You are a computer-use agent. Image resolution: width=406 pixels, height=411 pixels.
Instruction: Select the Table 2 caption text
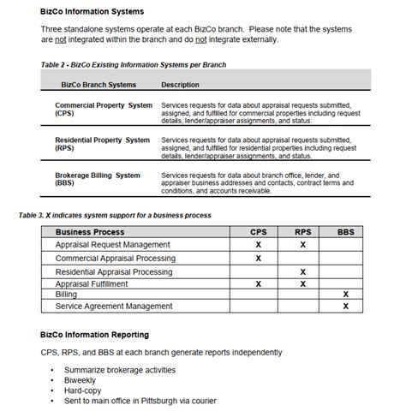pyautogui.click(x=133, y=64)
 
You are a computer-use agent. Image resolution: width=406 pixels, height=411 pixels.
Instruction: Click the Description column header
pyautogui.click(x=180, y=85)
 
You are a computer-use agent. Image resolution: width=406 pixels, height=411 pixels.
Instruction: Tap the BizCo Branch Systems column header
pyautogui.click(x=99, y=85)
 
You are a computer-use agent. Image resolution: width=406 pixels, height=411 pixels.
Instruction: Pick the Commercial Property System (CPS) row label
pyautogui.click(x=103, y=109)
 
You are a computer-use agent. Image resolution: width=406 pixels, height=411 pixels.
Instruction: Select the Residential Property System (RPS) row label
pyautogui.click(x=102, y=144)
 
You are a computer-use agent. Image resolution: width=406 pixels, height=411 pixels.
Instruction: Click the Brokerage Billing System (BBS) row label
pyautogui.click(x=97, y=180)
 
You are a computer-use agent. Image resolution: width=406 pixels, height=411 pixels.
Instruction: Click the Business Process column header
pyautogui.click(x=90, y=231)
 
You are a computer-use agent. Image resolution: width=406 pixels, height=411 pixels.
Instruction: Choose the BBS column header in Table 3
pyautogui.click(x=345, y=231)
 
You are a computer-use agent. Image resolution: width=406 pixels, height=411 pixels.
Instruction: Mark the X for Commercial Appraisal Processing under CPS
pyautogui.click(x=258, y=258)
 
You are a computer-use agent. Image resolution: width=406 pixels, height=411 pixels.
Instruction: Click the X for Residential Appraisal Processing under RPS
pyautogui.click(x=302, y=271)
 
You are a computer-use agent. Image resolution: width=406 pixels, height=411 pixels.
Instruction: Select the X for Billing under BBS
pyautogui.click(x=345, y=294)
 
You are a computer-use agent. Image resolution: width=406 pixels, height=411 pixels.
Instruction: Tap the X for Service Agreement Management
pyautogui.click(x=345, y=306)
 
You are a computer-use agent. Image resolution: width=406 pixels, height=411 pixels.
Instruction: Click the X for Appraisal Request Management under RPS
pyautogui.click(x=302, y=244)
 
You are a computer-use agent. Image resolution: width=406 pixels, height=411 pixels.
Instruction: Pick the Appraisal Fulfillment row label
pyautogui.click(x=92, y=283)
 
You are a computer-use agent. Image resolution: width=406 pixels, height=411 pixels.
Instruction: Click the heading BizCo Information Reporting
pyautogui.click(x=94, y=334)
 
